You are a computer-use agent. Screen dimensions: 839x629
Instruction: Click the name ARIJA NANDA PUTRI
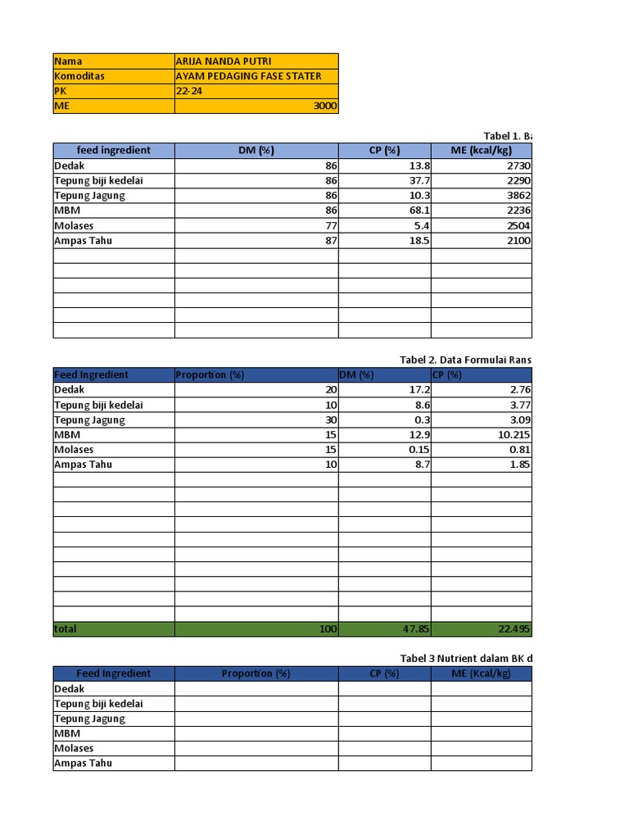[x=223, y=61]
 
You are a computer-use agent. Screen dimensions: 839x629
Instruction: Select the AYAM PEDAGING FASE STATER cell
[x=248, y=76]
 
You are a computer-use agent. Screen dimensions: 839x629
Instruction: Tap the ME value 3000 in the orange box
[x=325, y=107]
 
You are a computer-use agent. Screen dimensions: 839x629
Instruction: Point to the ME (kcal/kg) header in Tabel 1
[x=482, y=151]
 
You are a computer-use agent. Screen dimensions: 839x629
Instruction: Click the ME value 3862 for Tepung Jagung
[x=518, y=196]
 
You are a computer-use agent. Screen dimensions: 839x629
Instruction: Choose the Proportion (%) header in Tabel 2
[x=210, y=375]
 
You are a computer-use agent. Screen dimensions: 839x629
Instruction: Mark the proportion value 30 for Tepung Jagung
[x=331, y=419]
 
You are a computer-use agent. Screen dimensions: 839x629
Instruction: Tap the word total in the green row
[x=66, y=629]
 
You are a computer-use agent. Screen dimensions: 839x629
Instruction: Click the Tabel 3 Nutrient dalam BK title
[x=466, y=658]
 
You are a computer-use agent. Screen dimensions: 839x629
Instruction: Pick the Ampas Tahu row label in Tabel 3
[x=83, y=763]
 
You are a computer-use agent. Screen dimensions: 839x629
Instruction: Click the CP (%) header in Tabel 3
[x=384, y=673]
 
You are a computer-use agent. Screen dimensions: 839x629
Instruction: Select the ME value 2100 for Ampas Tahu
[x=518, y=241]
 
